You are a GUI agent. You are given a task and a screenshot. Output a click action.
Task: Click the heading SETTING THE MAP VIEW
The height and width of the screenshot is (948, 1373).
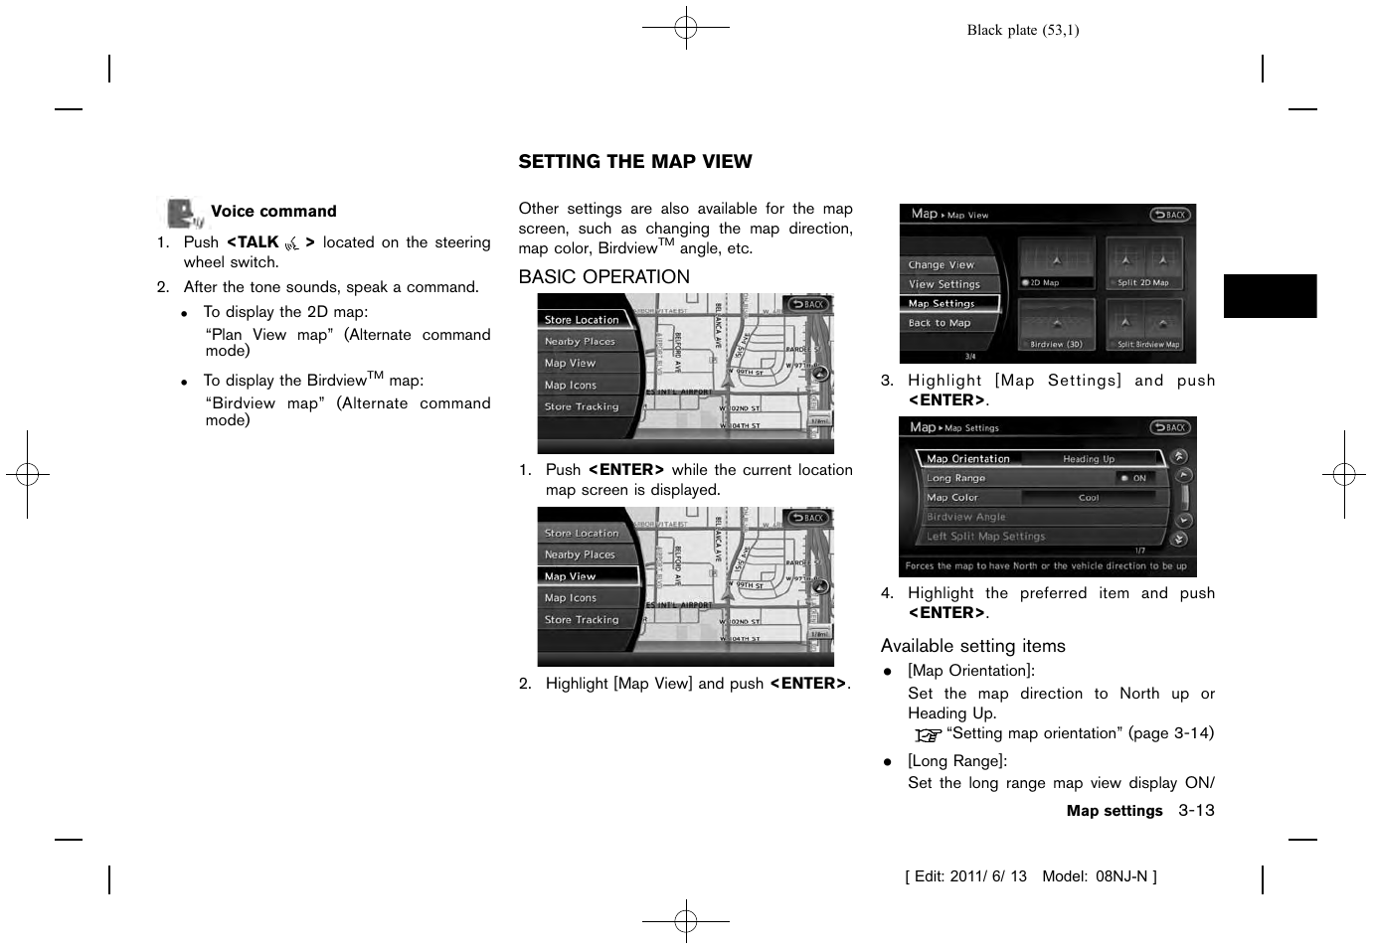[634, 162]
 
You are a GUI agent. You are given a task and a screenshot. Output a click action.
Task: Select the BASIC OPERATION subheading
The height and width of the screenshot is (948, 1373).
[603, 277]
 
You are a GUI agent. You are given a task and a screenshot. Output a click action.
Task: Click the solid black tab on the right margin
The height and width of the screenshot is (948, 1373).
[1269, 296]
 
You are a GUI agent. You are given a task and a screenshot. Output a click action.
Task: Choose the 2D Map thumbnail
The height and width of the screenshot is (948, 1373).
[1056, 263]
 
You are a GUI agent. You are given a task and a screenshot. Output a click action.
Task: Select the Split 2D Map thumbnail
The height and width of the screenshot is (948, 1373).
[1143, 263]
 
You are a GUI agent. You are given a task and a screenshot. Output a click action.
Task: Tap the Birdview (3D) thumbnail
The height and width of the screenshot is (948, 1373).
[1056, 325]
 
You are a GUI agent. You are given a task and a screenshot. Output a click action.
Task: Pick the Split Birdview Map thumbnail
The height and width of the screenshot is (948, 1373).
[1143, 325]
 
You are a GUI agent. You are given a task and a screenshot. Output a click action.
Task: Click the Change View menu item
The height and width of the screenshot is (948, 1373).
[942, 265]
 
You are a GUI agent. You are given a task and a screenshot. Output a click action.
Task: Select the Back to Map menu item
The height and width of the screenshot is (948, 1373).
[940, 323]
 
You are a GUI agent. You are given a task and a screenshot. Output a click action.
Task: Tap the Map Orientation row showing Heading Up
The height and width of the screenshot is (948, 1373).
[1039, 459]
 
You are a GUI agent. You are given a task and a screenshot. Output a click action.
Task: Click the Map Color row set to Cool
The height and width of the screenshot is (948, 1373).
[1039, 498]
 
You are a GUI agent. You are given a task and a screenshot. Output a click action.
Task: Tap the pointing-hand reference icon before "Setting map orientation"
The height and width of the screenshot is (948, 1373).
[928, 735]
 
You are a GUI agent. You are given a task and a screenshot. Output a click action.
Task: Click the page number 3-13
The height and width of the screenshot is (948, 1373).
[1196, 811]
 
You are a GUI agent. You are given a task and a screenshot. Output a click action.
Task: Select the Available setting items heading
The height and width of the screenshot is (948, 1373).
[972, 646]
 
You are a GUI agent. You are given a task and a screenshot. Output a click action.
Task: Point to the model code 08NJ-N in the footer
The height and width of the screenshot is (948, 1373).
[1120, 876]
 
